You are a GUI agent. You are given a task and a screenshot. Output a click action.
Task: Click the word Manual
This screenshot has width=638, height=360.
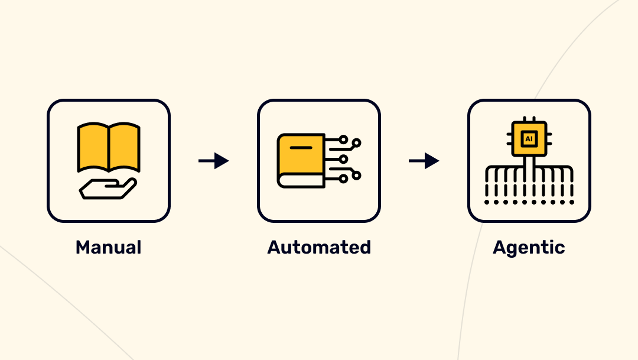tap(108, 247)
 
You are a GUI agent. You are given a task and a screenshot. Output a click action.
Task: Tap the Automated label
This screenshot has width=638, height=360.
tap(319, 247)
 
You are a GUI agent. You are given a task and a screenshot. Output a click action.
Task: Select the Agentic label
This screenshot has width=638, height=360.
tap(529, 247)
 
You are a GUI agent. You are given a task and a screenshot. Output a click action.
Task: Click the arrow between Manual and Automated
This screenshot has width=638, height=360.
tap(213, 161)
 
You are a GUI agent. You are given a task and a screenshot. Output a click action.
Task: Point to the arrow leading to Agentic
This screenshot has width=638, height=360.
tap(424, 161)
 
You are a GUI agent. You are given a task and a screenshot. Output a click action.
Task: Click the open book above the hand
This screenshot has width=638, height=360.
tap(109, 147)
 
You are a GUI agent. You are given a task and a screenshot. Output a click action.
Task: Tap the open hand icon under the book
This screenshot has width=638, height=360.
tap(108, 189)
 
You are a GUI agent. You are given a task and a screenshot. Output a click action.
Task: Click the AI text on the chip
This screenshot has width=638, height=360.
tap(529, 139)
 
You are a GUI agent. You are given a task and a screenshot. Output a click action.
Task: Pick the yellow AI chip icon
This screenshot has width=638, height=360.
tap(529, 139)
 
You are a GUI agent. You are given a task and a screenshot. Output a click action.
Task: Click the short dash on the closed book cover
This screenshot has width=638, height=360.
tap(301, 146)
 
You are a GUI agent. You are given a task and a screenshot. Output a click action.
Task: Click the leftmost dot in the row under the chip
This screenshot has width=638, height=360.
tap(487, 202)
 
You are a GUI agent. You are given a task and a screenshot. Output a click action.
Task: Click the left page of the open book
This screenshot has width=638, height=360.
tap(93, 145)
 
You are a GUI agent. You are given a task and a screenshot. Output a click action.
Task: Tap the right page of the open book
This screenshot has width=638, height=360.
tap(125, 145)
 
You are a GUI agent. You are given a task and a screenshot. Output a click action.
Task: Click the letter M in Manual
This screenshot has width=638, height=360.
tap(83, 247)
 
